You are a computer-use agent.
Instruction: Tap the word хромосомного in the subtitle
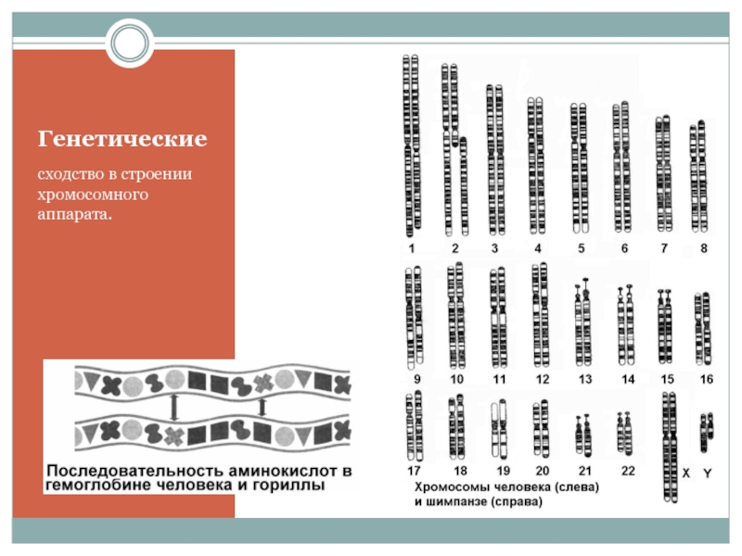(x=94, y=195)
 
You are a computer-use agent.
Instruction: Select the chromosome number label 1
(x=412, y=248)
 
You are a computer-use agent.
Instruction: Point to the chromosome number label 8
(x=704, y=248)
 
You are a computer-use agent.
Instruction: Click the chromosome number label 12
(x=543, y=380)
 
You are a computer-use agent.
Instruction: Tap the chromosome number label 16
(x=707, y=380)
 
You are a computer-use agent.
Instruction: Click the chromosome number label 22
(x=628, y=471)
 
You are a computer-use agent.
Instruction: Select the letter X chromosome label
(x=686, y=473)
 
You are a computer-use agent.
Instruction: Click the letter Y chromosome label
(x=708, y=473)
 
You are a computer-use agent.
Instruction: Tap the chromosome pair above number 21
(x=583, y=436)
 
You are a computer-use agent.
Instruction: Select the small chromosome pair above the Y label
(x=706, y=427)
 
